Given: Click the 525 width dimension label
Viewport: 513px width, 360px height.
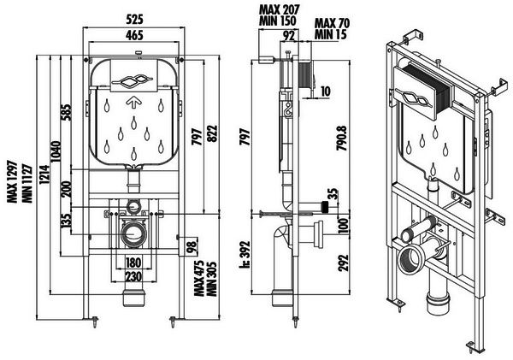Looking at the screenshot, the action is click(135, 20).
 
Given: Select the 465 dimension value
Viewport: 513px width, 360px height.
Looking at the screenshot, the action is click(134, 35).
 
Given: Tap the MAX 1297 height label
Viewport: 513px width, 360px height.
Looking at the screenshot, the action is click(12, 181).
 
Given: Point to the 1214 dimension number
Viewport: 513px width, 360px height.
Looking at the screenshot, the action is click(44, 174).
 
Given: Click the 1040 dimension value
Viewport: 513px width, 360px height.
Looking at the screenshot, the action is click(56, 151).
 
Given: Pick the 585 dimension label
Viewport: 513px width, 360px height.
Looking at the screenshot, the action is click(66, 112).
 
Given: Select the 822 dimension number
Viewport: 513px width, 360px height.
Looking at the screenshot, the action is click(212, 133).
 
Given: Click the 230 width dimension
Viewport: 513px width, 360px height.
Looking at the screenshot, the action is click(133, 277).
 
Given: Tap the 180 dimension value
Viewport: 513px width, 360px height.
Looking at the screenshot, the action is click(133, 263).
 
